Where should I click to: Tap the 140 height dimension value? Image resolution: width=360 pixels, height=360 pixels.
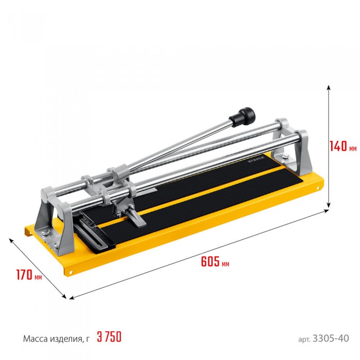click(338, 146)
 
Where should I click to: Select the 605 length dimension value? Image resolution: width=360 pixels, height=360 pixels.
click(210, 261)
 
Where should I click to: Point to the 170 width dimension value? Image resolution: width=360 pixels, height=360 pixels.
click(24, 274)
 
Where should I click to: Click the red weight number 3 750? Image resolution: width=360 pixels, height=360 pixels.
click(109, 337)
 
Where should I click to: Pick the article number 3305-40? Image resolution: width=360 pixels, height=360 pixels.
click(331, 338)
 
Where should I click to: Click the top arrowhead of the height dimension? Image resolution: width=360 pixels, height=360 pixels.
click(329, 87)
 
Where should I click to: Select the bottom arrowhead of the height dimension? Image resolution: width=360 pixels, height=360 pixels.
click(329, 206)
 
